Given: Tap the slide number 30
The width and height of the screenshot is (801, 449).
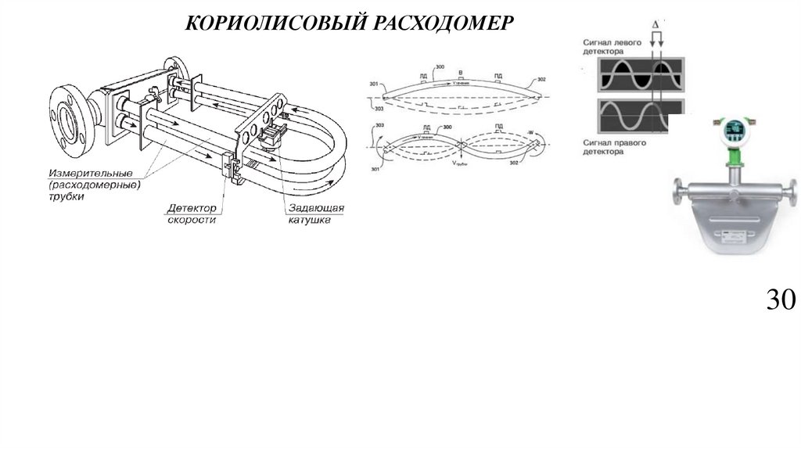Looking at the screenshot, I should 779,300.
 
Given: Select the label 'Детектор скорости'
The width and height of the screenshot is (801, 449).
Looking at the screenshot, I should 192,214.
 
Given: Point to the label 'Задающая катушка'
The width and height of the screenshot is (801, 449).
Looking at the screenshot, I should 314,214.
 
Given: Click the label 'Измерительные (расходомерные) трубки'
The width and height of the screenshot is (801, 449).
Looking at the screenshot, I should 93,185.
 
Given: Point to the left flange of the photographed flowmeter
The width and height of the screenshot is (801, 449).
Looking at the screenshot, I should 676,192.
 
